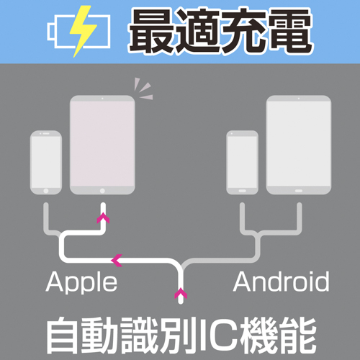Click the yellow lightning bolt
click(x=83, y=31)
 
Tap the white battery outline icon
click(x=52, y=32)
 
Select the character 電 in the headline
click(x=289, y=30)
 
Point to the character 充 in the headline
click(x=243, y=30)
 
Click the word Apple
click(x=81, y=282)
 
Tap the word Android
click(x=281, y=281)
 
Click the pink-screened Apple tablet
click(x=102, y=145)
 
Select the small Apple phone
click(x=46, y=162)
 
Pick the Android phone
click(x=243, y=162)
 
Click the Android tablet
click(x=299, y=145)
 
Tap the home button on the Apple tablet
click(x=102, y=191)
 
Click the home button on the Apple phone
click(x=46, y=191)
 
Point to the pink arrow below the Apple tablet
click(x=103, y=217)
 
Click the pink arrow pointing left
click(x=117, y=260)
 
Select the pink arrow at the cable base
click(x=181, y=293)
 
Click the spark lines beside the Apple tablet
click(x=144, y=89)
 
